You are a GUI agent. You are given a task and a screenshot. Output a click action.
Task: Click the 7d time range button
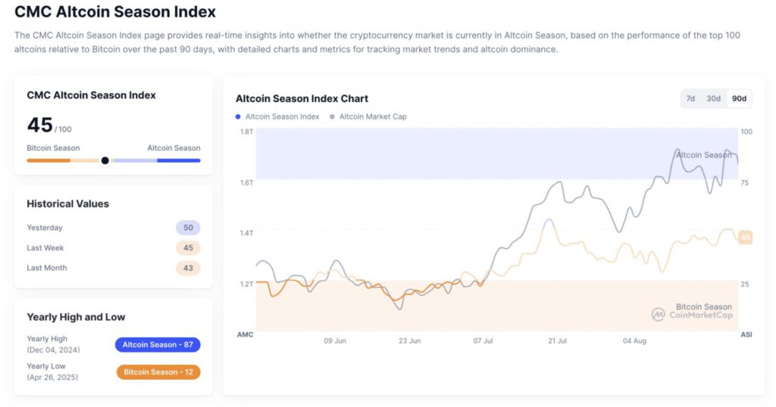coord(690,98)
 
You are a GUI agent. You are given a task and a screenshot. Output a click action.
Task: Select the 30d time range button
coord(713,98)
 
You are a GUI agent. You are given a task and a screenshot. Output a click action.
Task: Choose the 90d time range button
coord(738,98)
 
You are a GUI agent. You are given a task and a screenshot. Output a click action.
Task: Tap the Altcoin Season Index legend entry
coord(277,117)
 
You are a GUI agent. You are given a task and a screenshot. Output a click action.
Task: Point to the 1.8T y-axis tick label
coord(246,132)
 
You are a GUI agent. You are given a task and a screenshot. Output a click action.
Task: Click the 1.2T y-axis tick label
coord(246,284)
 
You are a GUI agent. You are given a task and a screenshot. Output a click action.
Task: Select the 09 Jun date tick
coord(335,341)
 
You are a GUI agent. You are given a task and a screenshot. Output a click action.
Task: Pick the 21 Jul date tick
coord(557,341)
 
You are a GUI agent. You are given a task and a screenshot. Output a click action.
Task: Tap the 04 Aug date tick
coord(634,341)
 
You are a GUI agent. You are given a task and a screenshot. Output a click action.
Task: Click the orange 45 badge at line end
coord(746,238)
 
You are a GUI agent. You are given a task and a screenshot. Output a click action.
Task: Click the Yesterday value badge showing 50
coord(188,228)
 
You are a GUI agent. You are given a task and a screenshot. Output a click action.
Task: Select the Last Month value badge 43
coord(188,268)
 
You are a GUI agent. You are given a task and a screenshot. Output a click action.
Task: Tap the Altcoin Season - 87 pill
coord(158,345)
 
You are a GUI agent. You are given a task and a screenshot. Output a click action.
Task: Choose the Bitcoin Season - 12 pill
coord(158,372)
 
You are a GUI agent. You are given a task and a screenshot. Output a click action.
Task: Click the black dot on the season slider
coord(105,160)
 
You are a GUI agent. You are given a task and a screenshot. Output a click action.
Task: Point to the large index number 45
coord(39,126)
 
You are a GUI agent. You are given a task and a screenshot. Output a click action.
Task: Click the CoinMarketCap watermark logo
coord(659,314)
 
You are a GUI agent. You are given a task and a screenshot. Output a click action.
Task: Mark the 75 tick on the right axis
coord(745,182)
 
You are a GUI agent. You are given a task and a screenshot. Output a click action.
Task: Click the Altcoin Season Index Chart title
coord(302,98)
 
